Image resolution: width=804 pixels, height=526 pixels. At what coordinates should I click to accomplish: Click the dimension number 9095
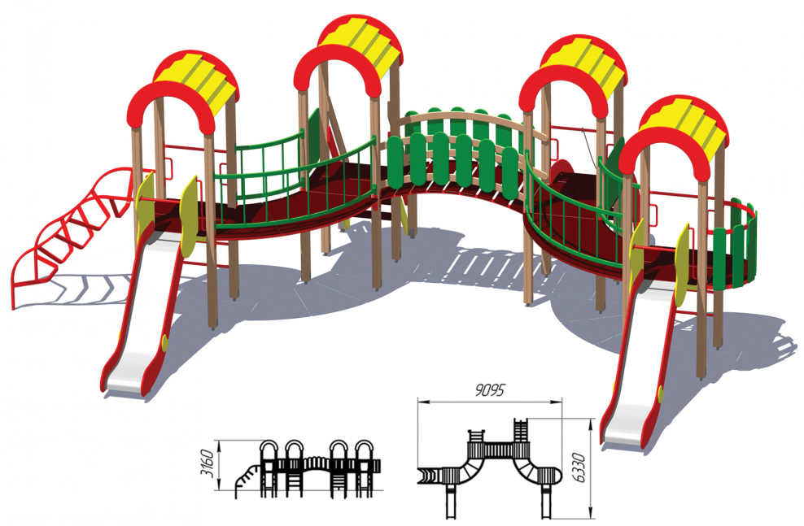point(490,390)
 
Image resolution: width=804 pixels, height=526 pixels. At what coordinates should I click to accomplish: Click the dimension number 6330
point(579,467)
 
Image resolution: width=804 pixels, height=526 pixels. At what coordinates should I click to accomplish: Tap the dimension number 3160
point(207,463)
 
